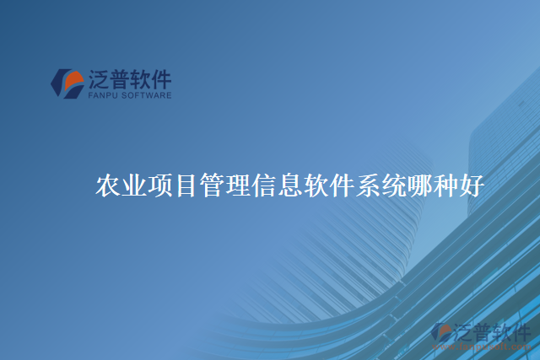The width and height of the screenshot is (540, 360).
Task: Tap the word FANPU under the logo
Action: [103, 95]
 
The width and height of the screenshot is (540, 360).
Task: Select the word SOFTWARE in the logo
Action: [145, 95]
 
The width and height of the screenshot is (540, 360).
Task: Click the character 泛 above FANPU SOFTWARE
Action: [100, 80]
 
